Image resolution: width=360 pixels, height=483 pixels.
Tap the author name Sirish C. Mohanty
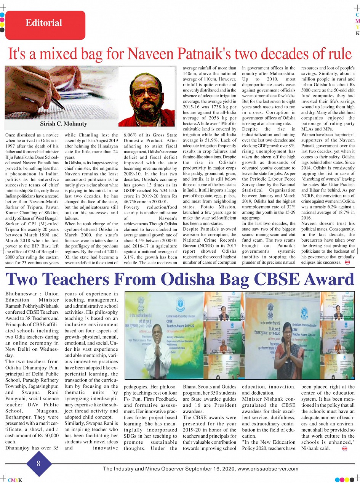(x=64, y=124)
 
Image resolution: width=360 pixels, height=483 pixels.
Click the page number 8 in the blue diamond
(x=38, y=463)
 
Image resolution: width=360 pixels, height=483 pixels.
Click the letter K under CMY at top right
(x=357, y=34)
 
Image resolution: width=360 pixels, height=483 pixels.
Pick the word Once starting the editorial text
(x=11, y=135)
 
